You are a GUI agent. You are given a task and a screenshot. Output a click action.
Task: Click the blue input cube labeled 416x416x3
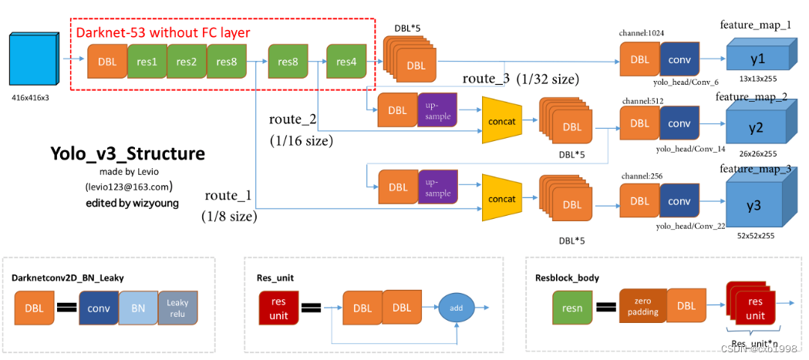pyautogui.click(x=35, y=61)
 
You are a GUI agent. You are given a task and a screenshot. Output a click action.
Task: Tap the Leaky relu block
pyautogui.click(x=178, y=308)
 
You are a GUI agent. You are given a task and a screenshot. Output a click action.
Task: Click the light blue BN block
pyautogui.click(x=139, y=308)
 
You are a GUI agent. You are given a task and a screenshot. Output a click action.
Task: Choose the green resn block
pyautogui.click(x=572, y=308)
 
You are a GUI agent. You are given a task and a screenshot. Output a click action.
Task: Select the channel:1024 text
pyautogui.click(x=642, y=33)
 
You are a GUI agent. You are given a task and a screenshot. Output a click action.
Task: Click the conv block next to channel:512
pyautogui.click(x=679, y=123)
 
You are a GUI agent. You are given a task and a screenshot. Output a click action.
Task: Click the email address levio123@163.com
pyautogui.click(x=129, y=187)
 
